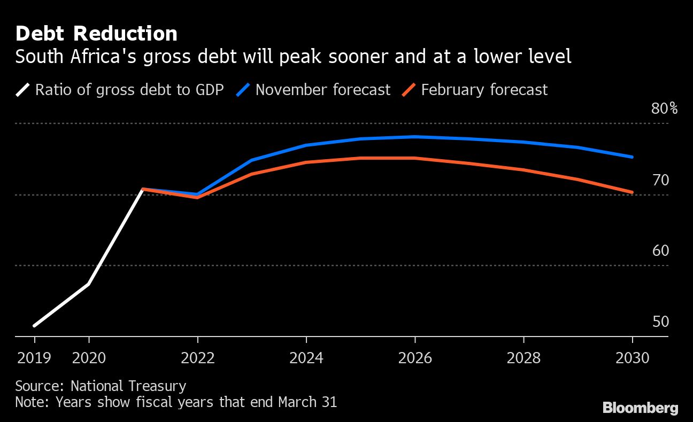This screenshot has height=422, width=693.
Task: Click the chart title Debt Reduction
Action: (x=96, y=34)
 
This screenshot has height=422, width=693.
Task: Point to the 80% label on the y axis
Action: (x=664, y=109)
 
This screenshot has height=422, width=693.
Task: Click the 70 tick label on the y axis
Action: (x=661, y=180)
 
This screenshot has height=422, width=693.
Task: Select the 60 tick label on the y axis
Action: (x=661, y=251)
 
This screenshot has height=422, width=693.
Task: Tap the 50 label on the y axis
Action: (x=661, y=322)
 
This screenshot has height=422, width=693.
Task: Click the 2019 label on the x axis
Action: (x=34, y=357)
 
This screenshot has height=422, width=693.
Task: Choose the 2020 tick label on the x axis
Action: (x=89, y=357)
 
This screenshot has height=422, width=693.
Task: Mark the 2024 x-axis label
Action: (x=306, y=357)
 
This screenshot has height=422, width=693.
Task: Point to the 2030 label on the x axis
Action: (x=632, y=357)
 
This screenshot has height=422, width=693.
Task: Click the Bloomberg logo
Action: (x=640, y=408)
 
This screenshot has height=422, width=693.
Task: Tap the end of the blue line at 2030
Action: (x=633, y=157)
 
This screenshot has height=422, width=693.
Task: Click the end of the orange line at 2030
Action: (x=633, y=192)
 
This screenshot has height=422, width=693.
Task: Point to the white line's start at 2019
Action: (x=34, y=325)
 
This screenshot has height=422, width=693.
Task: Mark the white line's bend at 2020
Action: (x=89, y=284)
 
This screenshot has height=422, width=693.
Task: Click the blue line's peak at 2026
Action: (x=415, y=137)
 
